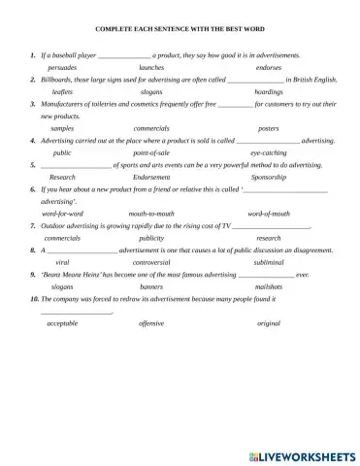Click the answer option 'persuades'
click(63, 68)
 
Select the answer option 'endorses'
click(269, 68)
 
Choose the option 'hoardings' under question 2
click(269, 91)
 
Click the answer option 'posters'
click(269, 128)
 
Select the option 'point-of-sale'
click(151, 152)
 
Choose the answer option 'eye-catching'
click(268, 152)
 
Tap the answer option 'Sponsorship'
click(269, 178)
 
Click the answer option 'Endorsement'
click(151, 178)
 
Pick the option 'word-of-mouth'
click(269, 214)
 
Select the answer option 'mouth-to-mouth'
click(151, 214)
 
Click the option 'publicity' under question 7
click(151, 238)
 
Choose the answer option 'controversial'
click(151, 262)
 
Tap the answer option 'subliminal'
click(269, 262)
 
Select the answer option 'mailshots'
click(269, 287)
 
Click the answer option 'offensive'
click(151, 322)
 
